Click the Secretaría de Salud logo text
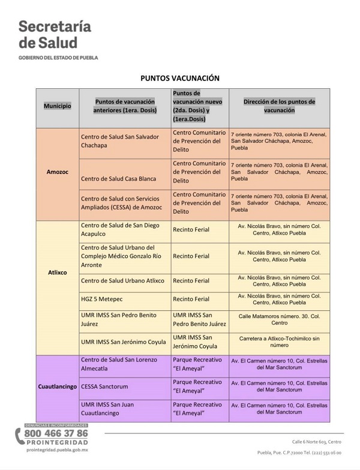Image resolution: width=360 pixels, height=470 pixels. pos(54,34)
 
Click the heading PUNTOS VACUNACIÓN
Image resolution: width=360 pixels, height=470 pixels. pos(180,78)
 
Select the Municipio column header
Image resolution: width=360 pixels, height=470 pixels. pos(57,106)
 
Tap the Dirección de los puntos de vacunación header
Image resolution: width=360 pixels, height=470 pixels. pos(279,106)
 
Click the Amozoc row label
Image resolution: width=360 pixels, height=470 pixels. pos(57,172)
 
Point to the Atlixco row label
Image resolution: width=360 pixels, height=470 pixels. pos(57,272)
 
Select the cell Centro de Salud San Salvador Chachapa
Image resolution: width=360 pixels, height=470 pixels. pos(120,141)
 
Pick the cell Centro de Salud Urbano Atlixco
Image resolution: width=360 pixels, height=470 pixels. pos(122,280)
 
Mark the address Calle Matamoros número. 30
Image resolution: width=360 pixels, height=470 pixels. pos(279,319)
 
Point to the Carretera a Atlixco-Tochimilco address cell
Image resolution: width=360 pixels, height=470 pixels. pos(279,342)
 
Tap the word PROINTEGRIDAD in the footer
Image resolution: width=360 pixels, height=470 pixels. pos(56,443)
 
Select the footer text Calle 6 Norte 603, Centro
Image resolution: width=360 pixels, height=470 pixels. pos(316,441)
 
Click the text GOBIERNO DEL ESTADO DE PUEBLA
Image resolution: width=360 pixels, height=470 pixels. pos(58,58)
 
